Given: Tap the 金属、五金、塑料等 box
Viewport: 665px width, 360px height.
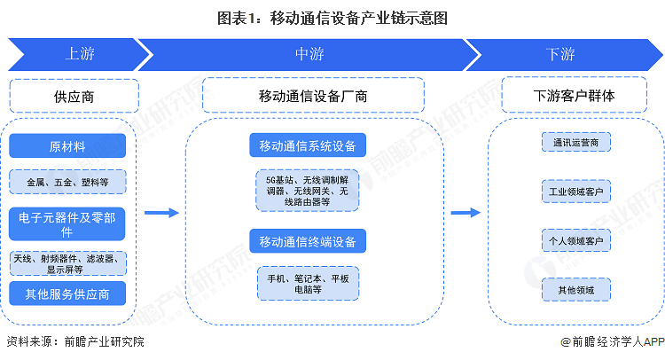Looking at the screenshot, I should (67, 182).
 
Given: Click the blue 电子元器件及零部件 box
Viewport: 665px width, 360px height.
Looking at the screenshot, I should (67, 223).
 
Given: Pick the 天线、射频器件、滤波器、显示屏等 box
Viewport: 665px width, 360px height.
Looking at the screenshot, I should (67, 262).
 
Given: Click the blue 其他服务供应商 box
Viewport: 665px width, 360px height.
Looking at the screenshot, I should (67, 294).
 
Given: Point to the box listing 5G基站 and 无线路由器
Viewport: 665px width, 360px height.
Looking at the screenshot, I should (308, 190).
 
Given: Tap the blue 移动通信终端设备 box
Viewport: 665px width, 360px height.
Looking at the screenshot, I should (308, 240).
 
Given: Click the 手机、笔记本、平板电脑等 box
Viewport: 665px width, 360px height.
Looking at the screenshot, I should (308, 283).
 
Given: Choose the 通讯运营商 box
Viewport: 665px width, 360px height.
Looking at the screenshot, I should (575, 142).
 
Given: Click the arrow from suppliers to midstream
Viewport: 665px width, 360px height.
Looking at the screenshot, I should (160, 213).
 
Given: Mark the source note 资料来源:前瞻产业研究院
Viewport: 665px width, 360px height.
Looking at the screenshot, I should (74, 341).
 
